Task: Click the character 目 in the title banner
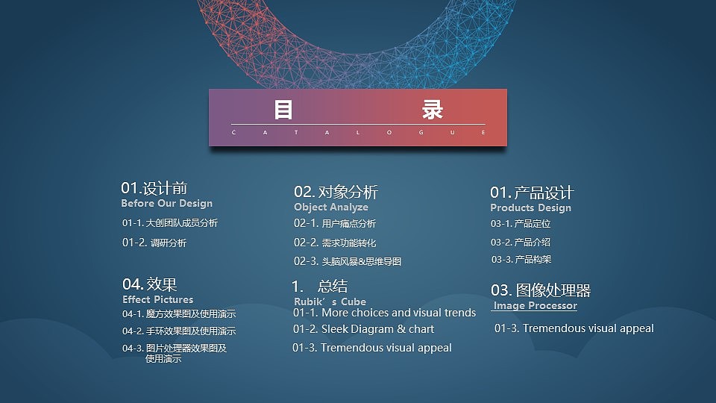click(x=283, y=110)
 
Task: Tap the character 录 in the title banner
click(x=432, y=110)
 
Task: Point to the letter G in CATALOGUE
click(x=421, y=133)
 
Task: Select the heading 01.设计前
click(x=154, y=188)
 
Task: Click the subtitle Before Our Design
click(x=166, y=203)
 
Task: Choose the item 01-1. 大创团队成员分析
click(x=170, y=223)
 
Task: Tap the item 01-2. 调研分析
click(x=154, y=243)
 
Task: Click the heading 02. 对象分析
click(x=336, y=192)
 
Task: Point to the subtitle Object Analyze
click(x=331, y=207)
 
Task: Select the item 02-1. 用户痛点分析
click(x=335, y=223)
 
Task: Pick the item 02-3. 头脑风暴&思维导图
click(x=348, y=261)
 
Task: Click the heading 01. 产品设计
click(x=532, y=193)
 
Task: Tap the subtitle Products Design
click(x=530, y=208)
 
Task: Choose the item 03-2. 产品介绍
click(x=521, y=242)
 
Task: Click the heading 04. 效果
click(x=149, y=284)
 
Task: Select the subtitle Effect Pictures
click(x=157, y=300)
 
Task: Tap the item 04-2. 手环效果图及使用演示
click(x=179, y=331)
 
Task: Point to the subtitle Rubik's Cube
click(x=330, y=302)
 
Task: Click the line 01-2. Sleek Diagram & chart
click(x=363, y=329)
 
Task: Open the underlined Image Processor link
click(x=536, y=306)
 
